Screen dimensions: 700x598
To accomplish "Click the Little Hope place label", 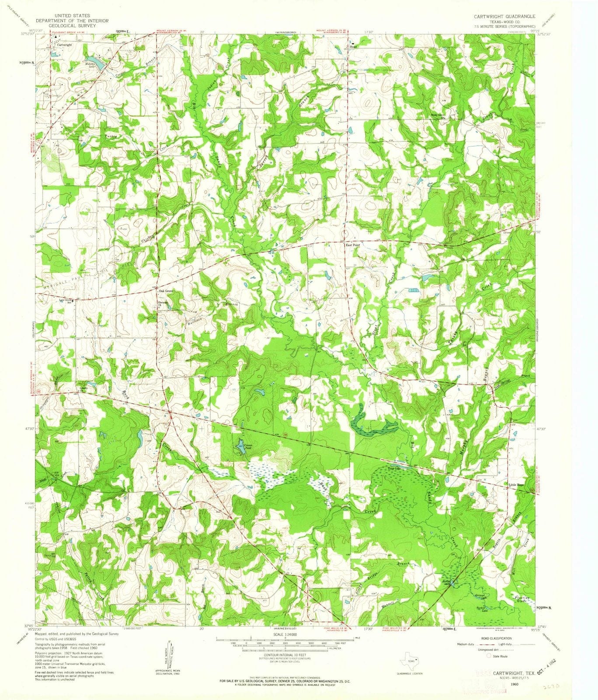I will [x=516, y=485].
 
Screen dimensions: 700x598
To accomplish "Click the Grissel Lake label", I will [x=480, y=596].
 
